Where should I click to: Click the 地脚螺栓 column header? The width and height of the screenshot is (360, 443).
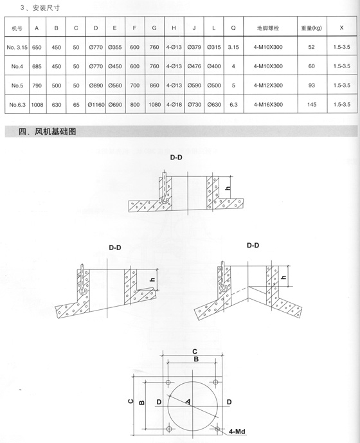pos(268,28)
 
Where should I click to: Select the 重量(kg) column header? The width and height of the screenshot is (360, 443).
pos(311,28)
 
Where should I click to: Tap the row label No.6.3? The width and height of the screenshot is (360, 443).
pos(17,105)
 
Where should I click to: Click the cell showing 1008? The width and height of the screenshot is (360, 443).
pos(37,105)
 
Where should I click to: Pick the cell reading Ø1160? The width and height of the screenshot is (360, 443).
pos(96,105)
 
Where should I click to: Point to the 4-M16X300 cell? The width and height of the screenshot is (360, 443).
pos(268,105)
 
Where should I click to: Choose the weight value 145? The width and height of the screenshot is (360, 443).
pos(312,105)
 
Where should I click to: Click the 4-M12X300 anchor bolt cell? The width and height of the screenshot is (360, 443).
pos(268,86)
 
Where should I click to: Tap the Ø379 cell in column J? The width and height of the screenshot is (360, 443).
pos(194,47)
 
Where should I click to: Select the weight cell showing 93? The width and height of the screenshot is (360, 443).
pos(311,86)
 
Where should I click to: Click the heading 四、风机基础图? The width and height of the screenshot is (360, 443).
pos(47,132)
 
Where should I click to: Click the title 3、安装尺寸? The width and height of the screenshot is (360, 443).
pos(40,8)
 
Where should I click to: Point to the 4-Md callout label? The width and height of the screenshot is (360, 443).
pos(237,431)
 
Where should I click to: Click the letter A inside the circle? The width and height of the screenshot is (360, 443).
pos(188,402)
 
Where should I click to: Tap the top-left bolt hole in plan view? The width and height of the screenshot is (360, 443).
pos(168,383)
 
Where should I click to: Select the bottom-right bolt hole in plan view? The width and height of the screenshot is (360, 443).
pos(217,429)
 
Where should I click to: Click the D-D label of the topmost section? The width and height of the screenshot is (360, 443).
pos(176,158)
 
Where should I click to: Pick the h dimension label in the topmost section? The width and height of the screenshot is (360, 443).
pos(228,188)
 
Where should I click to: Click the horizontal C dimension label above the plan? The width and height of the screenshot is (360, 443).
pos(195,352)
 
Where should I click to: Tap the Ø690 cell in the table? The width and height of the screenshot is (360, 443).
pos(115,105)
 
